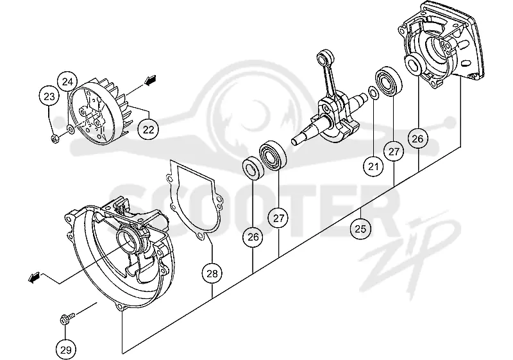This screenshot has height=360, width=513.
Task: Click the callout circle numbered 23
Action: coord(49,96)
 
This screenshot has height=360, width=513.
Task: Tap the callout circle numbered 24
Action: coord(68,81)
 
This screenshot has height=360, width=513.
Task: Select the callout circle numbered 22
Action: coord(149,130)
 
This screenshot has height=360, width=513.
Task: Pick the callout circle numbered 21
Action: coord(373,167)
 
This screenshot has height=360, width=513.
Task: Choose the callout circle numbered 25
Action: coord(360,228)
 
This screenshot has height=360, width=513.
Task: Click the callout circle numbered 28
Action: coord(212,273)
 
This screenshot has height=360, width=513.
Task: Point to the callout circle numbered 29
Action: coord(66,350)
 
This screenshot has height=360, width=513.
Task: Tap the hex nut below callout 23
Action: coord(55,139)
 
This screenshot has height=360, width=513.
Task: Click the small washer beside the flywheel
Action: coord(71,129)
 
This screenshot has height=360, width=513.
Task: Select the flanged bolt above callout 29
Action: coord(67,318)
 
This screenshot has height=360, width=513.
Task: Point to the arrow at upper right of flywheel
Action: coord(150,80)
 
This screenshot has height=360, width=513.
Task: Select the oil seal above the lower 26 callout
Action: coord(253,168)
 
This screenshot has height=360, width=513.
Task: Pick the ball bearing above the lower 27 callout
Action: coord(273,155)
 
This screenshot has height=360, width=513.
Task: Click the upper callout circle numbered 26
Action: coord(417,139)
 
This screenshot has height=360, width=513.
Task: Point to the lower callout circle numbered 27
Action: coord(278,218)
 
